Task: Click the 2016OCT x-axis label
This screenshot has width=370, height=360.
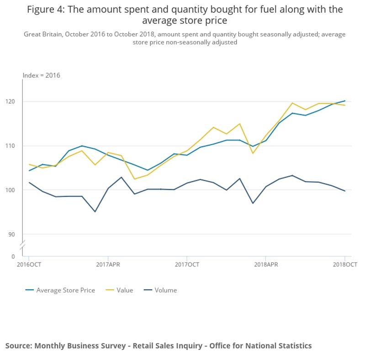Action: pyautogui.click(x=29, y=264)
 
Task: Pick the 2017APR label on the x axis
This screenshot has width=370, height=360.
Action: pyautogui.click(x=108, y=264)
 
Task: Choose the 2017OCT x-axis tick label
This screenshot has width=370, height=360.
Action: pyautogui.click(x=186, y=264)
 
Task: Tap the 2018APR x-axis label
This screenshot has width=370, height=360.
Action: pyautogui.click(x=266, y=264)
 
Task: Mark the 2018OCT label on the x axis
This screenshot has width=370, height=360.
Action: pyautogui.click(x=345, y=264)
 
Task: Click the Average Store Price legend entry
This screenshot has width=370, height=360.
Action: pyautogui.click(x=65, y=290)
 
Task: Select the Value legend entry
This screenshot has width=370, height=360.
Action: pyautogui.click(x=125, y=290)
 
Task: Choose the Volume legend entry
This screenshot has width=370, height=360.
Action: pyautogui.click(x=165, y=290)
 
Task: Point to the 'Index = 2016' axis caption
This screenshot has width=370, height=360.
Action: pyautogui.click(x=42, y=75)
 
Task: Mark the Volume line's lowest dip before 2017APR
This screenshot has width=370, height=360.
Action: pyautogui.click(x=95, y=211)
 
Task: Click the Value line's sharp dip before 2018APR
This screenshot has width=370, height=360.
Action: pyautogui.click(x=253, y=153)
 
